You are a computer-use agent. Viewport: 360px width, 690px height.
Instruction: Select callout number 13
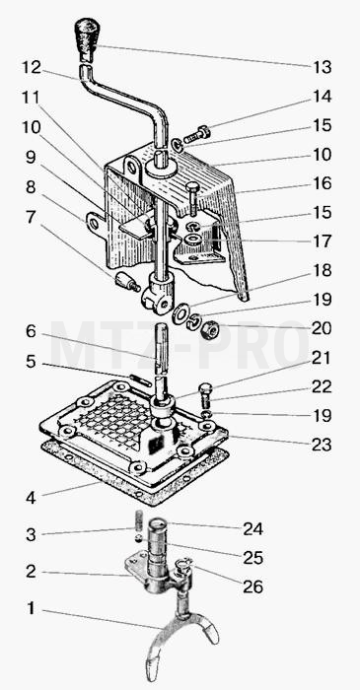[323, 68]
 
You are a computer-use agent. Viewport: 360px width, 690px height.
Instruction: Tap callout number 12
[32, 67]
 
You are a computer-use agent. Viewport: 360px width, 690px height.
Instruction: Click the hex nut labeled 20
[209, 329]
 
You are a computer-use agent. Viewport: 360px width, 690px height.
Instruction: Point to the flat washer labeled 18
[180, 314]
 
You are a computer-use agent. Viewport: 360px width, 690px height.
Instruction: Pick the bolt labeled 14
[197, 134]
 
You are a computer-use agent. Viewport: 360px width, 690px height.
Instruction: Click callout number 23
[322, 445]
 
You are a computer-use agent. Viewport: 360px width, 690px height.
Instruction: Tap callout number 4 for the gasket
[31, 498]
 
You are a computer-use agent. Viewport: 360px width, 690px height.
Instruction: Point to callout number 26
[252, 586]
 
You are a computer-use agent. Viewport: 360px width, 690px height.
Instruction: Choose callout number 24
[253, 529]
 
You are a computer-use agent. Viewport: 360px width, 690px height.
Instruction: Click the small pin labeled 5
[141, 380]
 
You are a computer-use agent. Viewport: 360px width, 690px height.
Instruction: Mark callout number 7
[30, 217]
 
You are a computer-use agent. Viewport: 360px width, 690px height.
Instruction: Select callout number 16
[323, 183]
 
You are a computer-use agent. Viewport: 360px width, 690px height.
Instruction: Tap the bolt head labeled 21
[205, 389]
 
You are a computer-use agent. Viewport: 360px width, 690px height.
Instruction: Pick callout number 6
[31, 332]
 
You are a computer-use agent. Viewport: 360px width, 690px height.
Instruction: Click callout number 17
[323, 241]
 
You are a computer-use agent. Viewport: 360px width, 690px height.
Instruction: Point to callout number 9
[31, 158]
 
